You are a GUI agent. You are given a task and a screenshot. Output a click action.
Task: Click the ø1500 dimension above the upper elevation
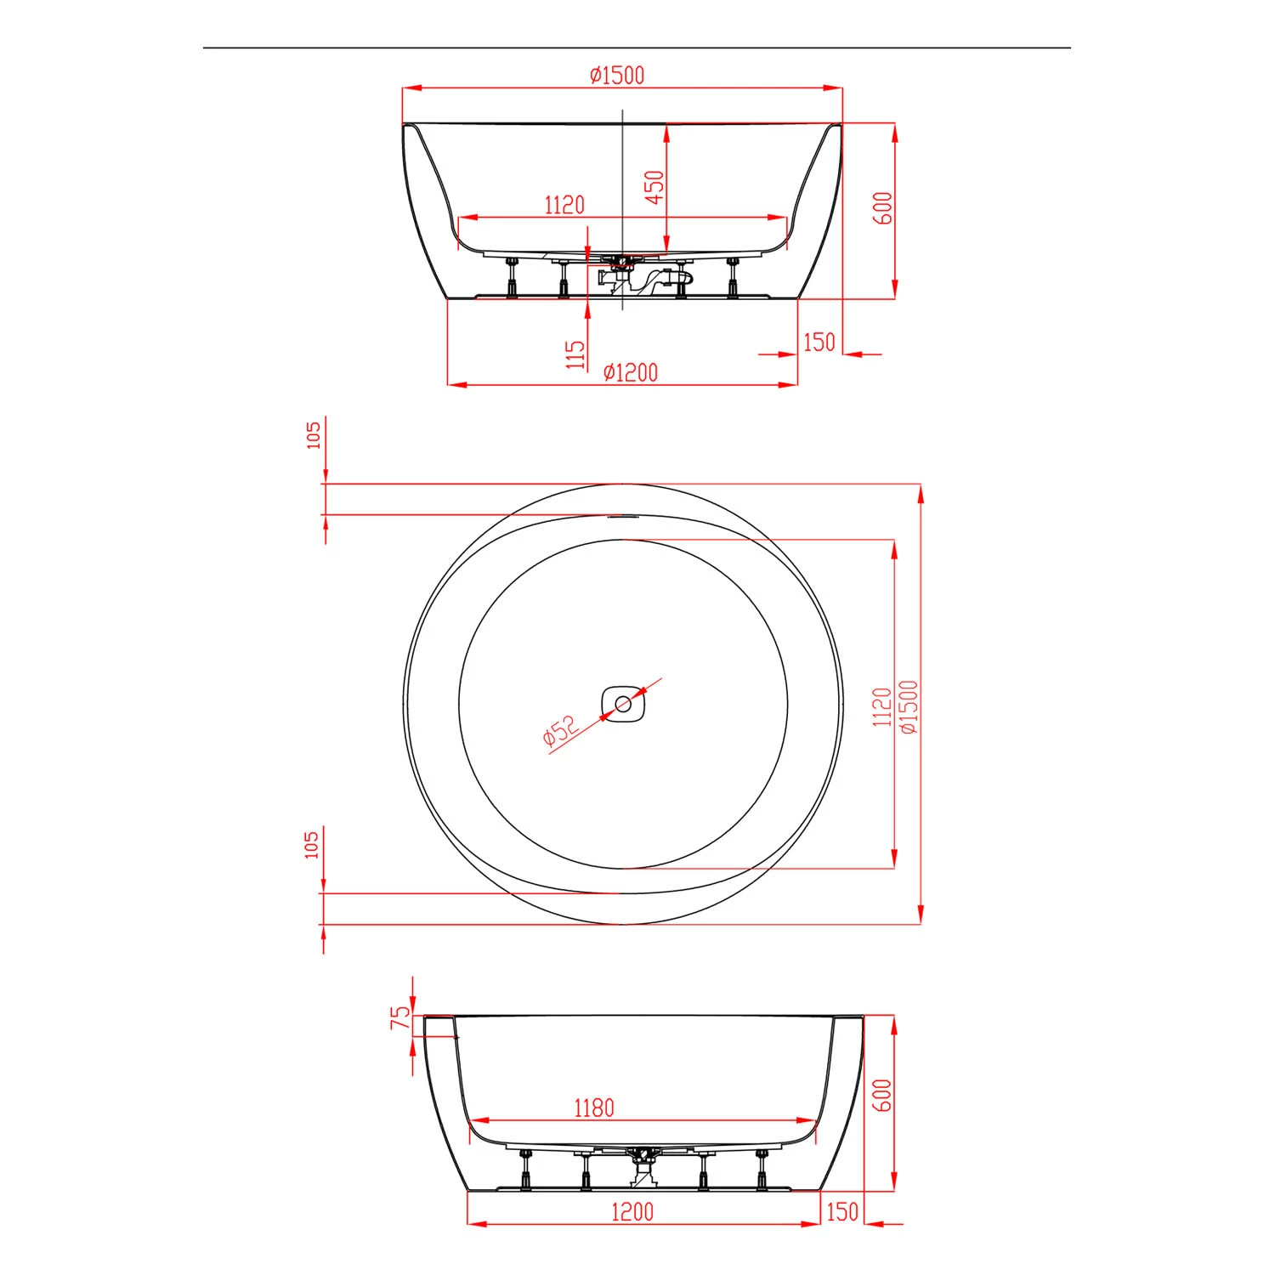click(617, 76)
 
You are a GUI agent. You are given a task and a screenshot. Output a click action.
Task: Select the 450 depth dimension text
click(654, 187)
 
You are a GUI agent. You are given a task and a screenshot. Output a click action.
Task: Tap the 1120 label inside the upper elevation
click(564, 206)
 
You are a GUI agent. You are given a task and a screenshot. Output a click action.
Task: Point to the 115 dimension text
click(576, 354)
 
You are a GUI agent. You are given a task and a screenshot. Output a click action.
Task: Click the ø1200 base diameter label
click(630, 373)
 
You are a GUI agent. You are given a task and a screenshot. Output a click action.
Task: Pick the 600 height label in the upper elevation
click(884, 208)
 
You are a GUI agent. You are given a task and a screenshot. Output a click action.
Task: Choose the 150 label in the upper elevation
click(819, 342)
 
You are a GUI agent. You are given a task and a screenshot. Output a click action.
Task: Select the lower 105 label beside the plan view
click(312, 844)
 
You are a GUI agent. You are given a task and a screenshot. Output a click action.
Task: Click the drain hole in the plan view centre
click(624, 704)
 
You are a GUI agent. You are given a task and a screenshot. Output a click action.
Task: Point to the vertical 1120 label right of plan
click(882, 706)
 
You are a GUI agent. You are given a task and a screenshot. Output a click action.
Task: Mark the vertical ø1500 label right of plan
click(909, 706)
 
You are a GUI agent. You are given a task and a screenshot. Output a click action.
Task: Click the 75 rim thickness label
click(399, 1017)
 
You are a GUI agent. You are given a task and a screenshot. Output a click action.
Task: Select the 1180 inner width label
click(593, 1108)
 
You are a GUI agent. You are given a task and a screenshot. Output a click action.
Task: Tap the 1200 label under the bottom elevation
click(632, 1212)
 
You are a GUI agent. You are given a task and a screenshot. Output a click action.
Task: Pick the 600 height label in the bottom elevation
click(883, 1096)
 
